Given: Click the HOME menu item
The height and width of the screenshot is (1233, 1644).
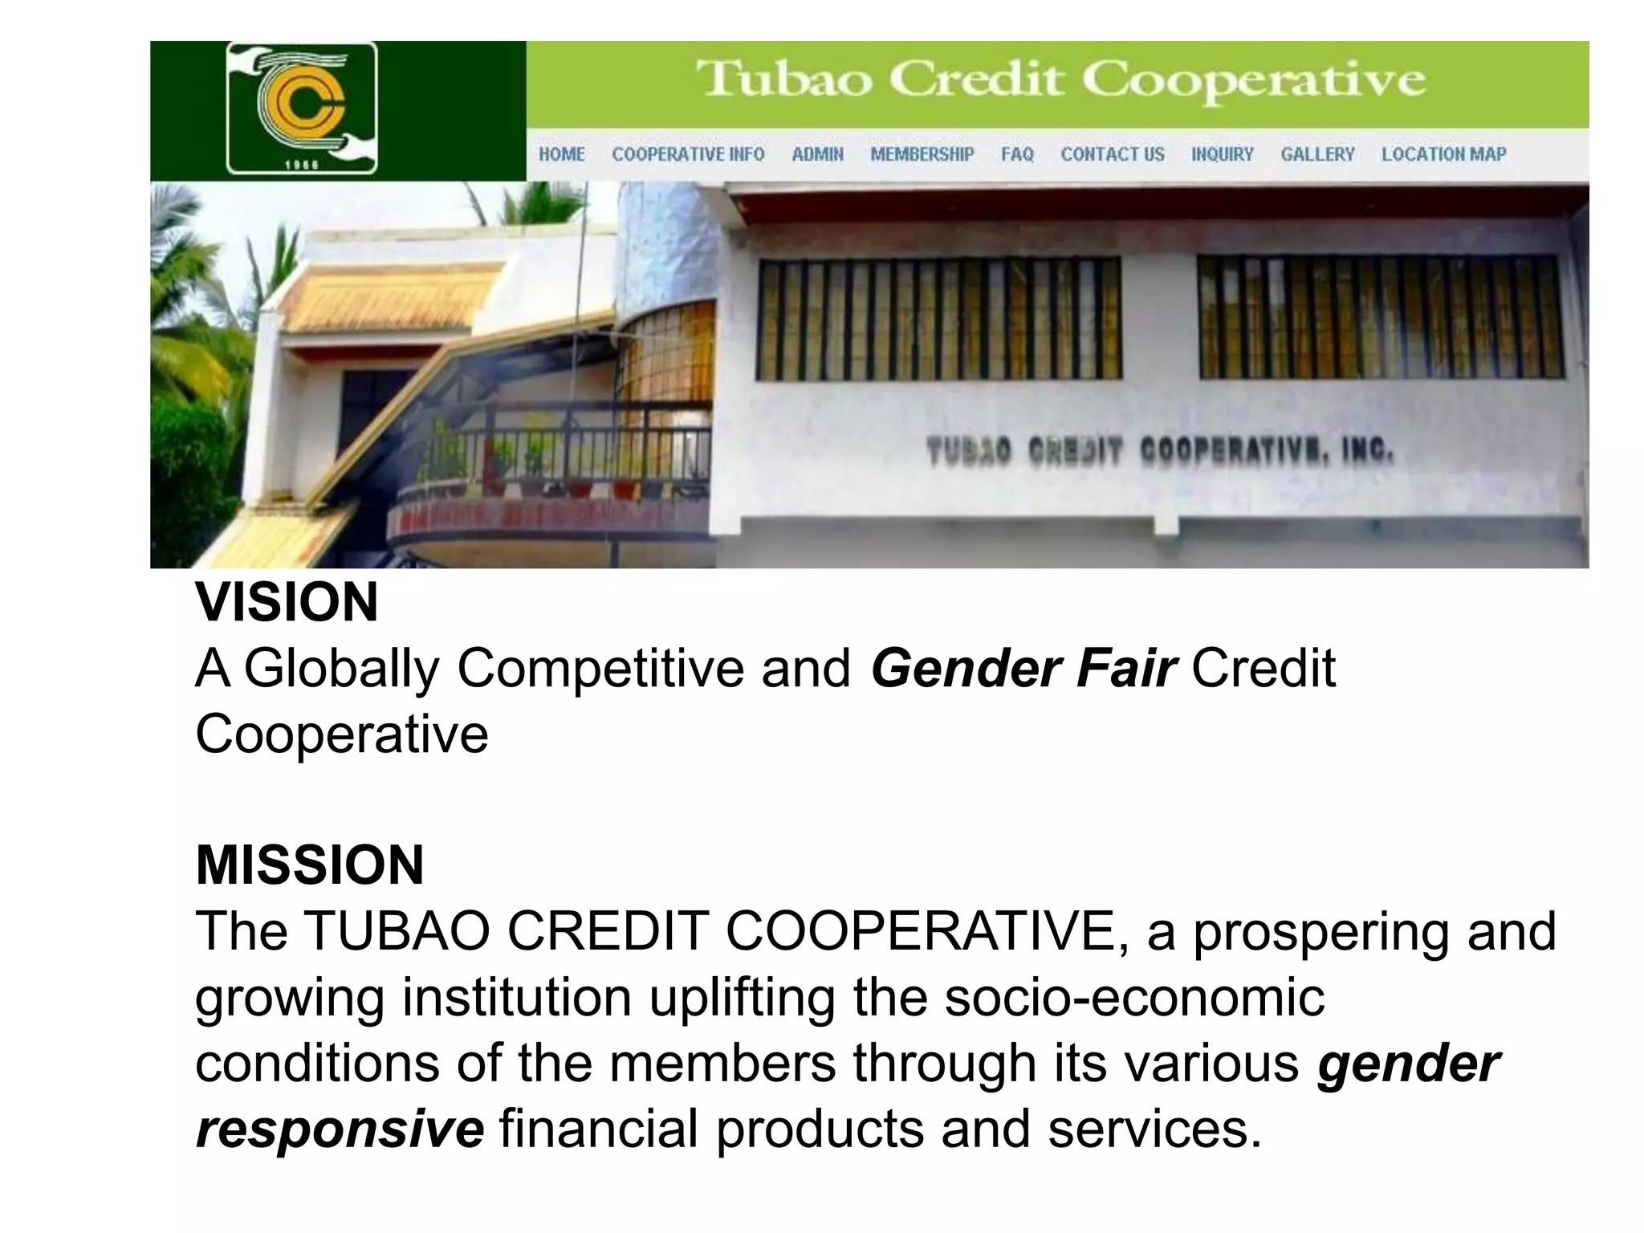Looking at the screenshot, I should (561, 154).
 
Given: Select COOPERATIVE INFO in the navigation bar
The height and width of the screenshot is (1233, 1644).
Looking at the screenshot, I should (688, 154).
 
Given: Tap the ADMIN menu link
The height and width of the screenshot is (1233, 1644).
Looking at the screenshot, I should (817, 154).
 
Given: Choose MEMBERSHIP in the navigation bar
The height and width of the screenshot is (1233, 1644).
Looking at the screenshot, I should (922, 154).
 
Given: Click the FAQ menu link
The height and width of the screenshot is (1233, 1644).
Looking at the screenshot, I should (1017, 154).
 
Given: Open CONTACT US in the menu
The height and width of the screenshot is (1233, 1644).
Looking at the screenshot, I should (1112, 154).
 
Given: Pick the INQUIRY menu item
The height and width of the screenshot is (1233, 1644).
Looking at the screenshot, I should (1222, 154).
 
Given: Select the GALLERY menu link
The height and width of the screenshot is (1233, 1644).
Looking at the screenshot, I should (1317, 154).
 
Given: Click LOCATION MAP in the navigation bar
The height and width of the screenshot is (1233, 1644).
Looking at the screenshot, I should (1443, 154).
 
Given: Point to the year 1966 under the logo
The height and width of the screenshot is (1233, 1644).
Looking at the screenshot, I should (302, 165).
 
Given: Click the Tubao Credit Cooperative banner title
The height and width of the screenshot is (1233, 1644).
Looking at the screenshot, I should (1060, 81).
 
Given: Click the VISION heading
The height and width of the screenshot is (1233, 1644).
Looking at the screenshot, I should (287, 602).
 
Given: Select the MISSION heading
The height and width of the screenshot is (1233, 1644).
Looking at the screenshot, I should (310, 865).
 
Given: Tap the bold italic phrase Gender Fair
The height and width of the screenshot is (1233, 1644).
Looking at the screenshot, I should (1023, 668).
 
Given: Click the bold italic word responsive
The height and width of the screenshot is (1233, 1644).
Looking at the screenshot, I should (340, 1128).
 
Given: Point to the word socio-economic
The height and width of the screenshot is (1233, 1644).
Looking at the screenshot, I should (1133, 997).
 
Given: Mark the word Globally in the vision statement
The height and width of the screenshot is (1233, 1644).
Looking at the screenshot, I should (342, 668).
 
